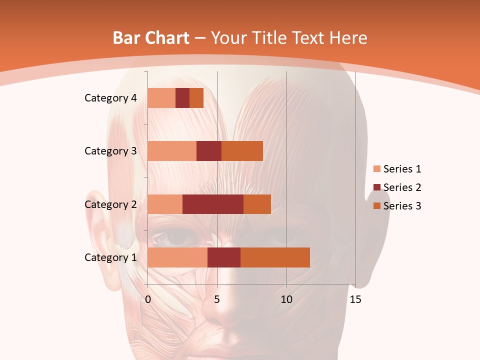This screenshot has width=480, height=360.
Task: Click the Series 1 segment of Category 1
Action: [177, 257]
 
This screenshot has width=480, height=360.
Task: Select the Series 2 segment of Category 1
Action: [224, 257]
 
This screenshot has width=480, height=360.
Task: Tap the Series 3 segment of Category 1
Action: [275, 257]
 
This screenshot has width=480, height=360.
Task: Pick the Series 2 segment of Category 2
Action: [213, 204]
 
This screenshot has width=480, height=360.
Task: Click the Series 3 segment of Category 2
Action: [257, 204]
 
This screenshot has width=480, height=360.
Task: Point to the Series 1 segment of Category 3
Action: [172, 151]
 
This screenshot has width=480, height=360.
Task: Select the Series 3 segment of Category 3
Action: [242, 151]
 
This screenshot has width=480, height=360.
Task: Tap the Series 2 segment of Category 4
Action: [182, 98]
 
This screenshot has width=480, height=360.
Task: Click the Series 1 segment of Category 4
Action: [161, 98]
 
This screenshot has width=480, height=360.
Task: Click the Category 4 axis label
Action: [110, 98]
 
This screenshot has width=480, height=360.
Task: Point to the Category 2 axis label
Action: [110, 204]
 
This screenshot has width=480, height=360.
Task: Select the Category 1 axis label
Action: [110, 257]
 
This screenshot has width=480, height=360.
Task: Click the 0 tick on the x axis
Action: [148, 299]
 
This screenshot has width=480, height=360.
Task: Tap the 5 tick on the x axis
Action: [217, 299]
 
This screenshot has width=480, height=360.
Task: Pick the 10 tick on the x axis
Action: [286, 299]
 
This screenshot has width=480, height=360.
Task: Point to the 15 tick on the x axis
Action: [355, 299]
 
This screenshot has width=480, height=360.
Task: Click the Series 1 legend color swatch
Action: [376, 169]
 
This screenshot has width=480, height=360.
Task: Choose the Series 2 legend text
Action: [402, 187]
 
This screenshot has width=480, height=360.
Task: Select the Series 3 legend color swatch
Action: [376, 206]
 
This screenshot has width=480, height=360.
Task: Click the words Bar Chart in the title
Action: [151, 38]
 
